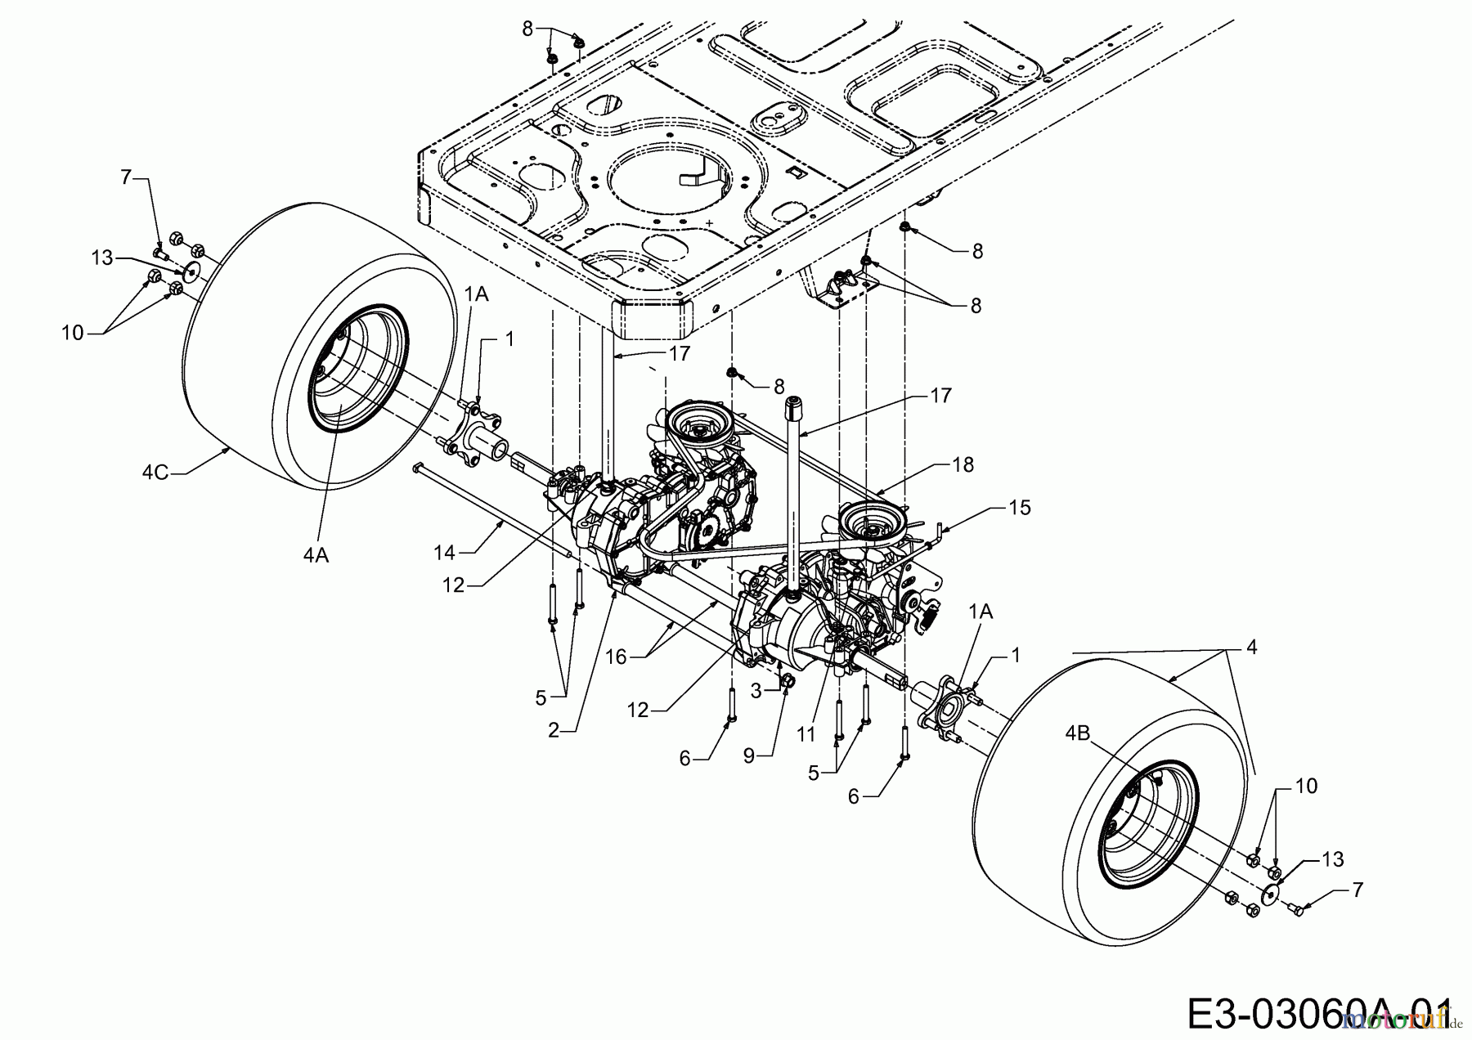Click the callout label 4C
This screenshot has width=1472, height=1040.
click(155, 472)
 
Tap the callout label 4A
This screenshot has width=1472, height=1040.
click(316, 555)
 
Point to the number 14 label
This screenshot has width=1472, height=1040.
click(444, 554)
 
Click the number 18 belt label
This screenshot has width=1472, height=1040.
click(963, 464)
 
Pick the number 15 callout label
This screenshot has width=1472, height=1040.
click(1020, 508)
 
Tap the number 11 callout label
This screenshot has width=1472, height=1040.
click(806, 734)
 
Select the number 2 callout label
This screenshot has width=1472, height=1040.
click(554, 730)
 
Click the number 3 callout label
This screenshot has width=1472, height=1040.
click(756, 691)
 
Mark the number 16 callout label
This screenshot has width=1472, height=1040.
click(616, 656)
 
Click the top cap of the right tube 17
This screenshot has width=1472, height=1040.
click(793, 402)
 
